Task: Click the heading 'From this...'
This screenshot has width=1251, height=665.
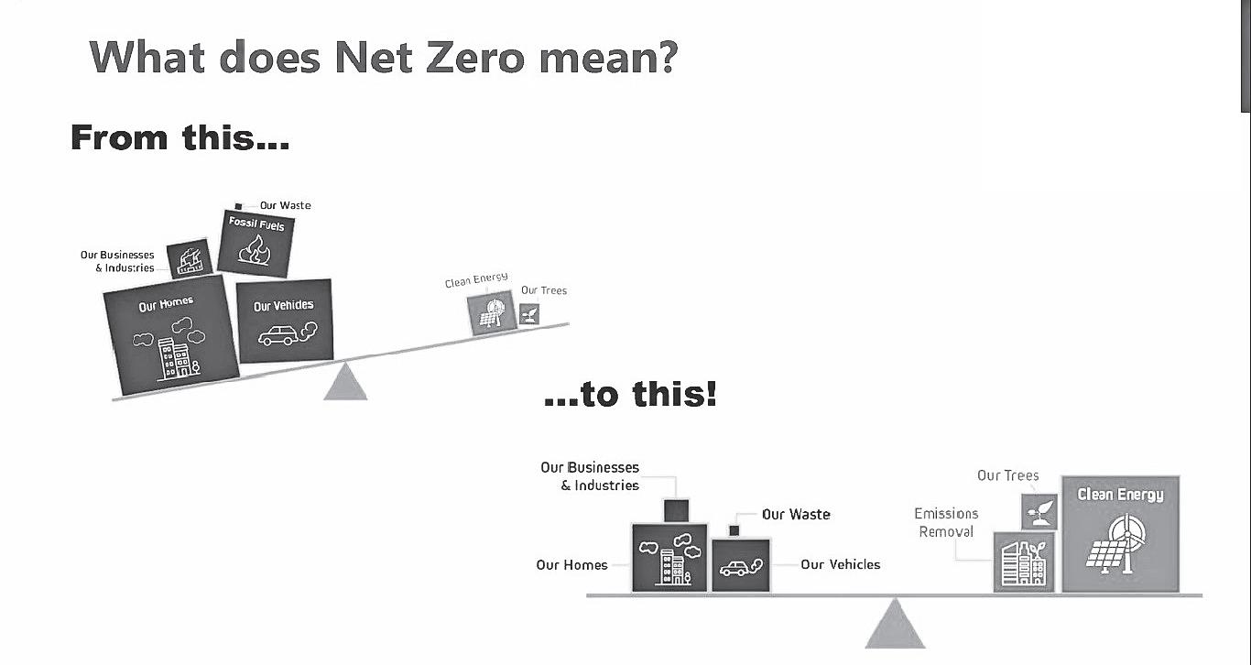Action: tap(179, 137)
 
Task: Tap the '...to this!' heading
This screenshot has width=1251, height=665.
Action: tap(630, 395)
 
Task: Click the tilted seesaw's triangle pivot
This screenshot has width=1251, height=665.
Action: tap(345, 383)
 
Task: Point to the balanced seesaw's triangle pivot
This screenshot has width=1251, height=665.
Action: tap(895, 624)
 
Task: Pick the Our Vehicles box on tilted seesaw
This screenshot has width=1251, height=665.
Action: tap(284, 322)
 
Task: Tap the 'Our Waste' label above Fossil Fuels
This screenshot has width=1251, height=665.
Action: tap(285, 205)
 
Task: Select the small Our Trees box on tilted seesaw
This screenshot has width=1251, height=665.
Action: tap(529, 314)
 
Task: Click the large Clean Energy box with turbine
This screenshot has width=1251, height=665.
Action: tap(1120, 535)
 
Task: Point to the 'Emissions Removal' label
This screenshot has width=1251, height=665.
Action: tap(946, 522)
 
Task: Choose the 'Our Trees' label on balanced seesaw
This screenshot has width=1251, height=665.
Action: tap(1007, 475)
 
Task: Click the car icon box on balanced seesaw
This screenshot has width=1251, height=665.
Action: tap(741, 565)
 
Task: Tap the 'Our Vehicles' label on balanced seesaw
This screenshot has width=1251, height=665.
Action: tap(840, 564)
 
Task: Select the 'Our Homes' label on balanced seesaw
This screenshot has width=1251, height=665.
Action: tap(571, 565)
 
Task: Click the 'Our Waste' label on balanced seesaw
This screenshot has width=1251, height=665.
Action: tap(796, 514)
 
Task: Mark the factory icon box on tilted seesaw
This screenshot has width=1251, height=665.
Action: tap(190, 259)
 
